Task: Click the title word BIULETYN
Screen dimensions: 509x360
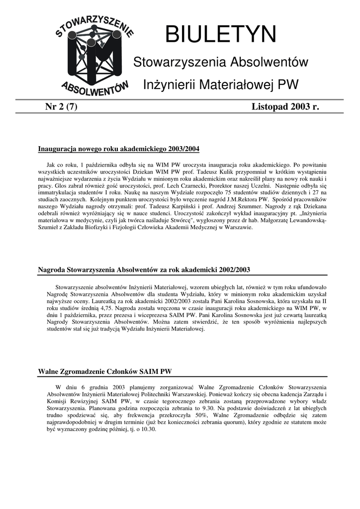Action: click(220, 35)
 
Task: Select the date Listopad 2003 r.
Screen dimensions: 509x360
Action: click(285, 106)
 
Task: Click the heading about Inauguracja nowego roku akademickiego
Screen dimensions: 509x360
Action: click(119, 149)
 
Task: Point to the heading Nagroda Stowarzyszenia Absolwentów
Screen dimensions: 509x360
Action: click(144, 269)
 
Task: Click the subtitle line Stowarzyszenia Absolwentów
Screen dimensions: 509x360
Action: click(221, 63)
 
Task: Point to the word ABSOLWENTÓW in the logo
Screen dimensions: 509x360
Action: click(95, 89)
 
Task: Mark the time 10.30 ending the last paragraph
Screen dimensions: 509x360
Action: click(147, 430)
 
